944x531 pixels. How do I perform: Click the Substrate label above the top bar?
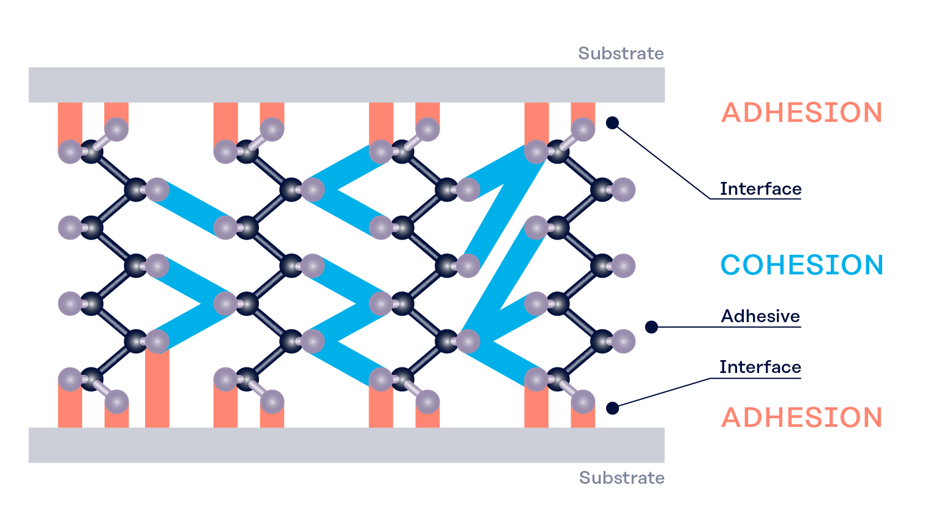click(621, 53)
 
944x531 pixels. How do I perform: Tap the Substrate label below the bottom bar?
click(621, 478)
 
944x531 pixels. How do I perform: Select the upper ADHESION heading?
click(801, 113)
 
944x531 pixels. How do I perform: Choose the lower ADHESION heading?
click(801, 417)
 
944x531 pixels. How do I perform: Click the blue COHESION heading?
click(801, 265)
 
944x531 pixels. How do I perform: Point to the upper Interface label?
click(760, 189)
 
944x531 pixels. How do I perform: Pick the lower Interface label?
click(760, 367)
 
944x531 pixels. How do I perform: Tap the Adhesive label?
click(760, 316)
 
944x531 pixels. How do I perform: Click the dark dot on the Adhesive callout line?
click(651, 327)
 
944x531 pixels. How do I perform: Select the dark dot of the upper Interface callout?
click(612, 122)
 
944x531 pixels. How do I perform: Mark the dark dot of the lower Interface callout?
click(612, 408)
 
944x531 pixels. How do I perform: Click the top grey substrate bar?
click(347, 85)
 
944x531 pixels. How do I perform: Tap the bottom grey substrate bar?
click(347, 445)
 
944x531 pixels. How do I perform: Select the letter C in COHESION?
click(731, 265)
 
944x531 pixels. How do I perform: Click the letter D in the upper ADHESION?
click(757, 113)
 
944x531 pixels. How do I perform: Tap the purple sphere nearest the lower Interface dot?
click(583, 402)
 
